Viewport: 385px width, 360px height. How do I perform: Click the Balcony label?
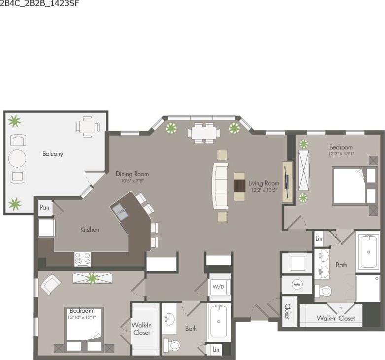[x=53, y=154]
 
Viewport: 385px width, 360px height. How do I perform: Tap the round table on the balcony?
[x=17, y=158]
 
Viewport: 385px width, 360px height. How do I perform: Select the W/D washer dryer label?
[x=218, y=287]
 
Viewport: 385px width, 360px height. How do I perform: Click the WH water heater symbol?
[x=297, y=285]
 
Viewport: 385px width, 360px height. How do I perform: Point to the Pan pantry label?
[x=44, y=208]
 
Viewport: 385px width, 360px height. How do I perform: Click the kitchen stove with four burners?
[x=82, y=258]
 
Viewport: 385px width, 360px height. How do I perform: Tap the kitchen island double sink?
[x=120, y=213]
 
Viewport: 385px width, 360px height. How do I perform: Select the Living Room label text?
[x=264, y=183]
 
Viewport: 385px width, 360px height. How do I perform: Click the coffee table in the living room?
[x=239, y=186]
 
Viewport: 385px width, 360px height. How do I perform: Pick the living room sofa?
[x=220, y=186]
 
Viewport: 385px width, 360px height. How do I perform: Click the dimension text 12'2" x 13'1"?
[x=341, y=154]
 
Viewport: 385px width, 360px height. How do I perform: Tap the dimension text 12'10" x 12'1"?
[x=81, y=317]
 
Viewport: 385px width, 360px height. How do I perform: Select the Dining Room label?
[x=132, y=174]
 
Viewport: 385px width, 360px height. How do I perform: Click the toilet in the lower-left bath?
[x=173, y=345]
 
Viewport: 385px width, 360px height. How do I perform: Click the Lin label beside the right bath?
[x=319, y=239]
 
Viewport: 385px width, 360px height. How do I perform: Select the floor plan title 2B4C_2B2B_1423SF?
[x=39, y=3]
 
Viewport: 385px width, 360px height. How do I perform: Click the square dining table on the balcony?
[x=87, y=127]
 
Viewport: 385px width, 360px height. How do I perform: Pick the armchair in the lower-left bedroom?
[x=50, y=285]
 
